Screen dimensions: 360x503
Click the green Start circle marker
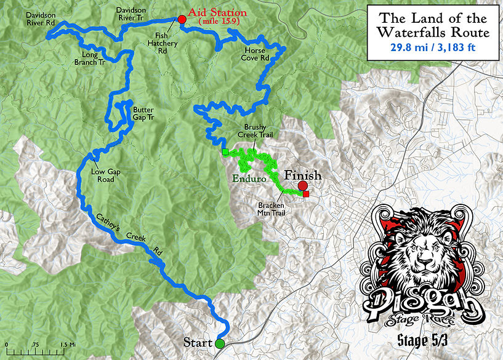[x=220, y=343]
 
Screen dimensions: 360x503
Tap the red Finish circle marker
[x=302, y=186]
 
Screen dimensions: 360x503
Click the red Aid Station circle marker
[x=182, y=20]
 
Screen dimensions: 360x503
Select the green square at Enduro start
[x=225, y=151]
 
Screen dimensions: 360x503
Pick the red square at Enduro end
[x=307, y=195]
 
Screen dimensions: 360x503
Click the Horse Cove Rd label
[x=256, y=54]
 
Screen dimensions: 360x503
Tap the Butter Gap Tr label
[x=143, y=114]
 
